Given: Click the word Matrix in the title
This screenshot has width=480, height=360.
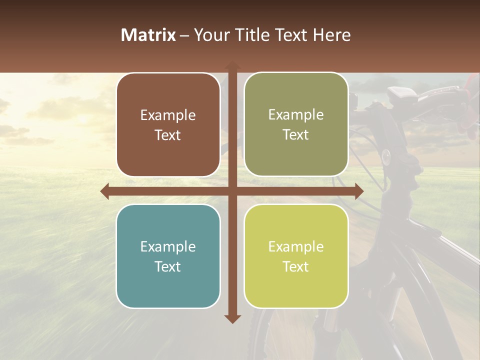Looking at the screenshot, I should point(148,35).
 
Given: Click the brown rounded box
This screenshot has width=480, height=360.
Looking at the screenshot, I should point(168,125).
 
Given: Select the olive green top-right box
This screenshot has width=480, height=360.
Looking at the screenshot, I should point(296,124).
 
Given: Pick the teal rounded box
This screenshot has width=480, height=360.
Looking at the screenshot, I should point(168,256).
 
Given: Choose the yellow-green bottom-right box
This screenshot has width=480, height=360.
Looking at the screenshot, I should point(296,256).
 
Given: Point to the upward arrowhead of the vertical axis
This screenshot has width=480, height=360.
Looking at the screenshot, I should point(232,65).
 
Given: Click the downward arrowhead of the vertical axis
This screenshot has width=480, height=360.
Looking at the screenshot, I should point(232,318).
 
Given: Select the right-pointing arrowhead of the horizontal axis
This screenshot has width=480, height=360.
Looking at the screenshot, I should point(359,191).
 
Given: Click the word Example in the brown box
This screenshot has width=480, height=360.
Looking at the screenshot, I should point(168,115).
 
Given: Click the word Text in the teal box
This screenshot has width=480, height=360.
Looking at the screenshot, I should point(168,266).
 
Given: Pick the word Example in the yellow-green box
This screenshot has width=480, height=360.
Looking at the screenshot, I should point(296,246).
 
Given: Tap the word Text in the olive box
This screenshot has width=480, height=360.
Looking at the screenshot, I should point(296,135).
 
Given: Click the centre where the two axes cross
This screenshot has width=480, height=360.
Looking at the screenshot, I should point(232,191).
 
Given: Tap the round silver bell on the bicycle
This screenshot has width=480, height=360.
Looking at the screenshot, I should point(386,157).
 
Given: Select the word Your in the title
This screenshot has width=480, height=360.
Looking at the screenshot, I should point(210,35).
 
